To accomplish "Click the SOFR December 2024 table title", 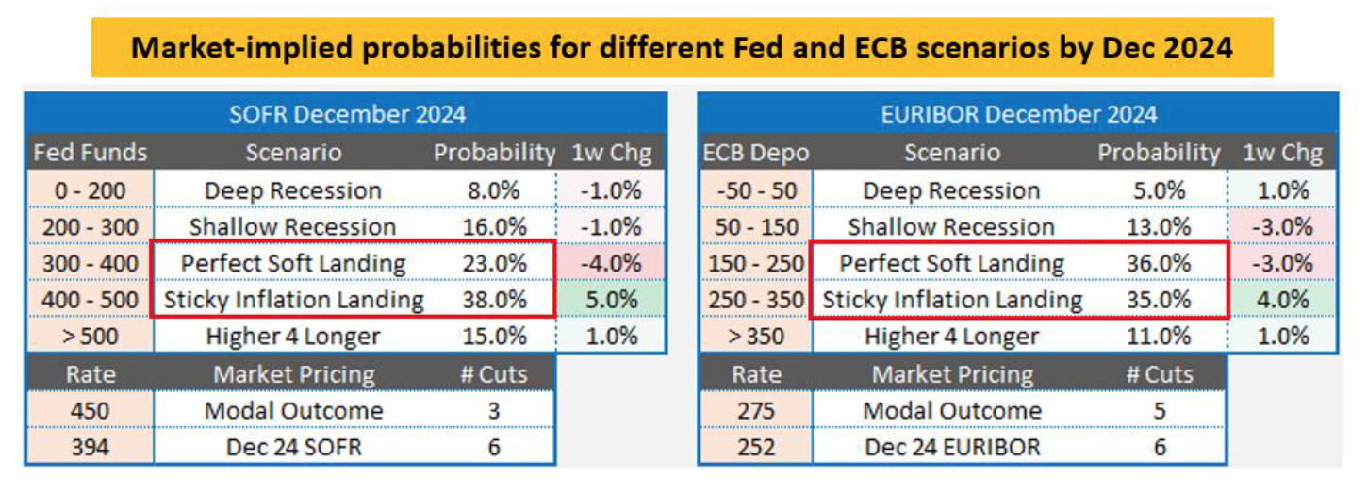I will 347,115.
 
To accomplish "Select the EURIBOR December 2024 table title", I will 1017,115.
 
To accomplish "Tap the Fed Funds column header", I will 90,153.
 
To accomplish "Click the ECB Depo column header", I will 755,153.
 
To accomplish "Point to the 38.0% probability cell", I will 494,301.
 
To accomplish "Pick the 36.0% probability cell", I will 1159,264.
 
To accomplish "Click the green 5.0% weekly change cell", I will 611,301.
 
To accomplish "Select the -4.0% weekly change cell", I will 611,264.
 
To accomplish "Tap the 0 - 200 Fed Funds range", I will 90,190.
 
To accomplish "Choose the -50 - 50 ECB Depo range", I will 755,190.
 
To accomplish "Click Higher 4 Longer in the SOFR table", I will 293,337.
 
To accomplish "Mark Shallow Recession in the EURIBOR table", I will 951,227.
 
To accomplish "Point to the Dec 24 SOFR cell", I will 293,447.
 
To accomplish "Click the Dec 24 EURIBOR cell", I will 951,447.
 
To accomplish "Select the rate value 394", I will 90,447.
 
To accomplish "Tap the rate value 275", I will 755,411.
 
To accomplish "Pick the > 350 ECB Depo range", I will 755,337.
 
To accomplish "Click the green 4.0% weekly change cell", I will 1282,301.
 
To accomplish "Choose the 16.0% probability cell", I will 494,227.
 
